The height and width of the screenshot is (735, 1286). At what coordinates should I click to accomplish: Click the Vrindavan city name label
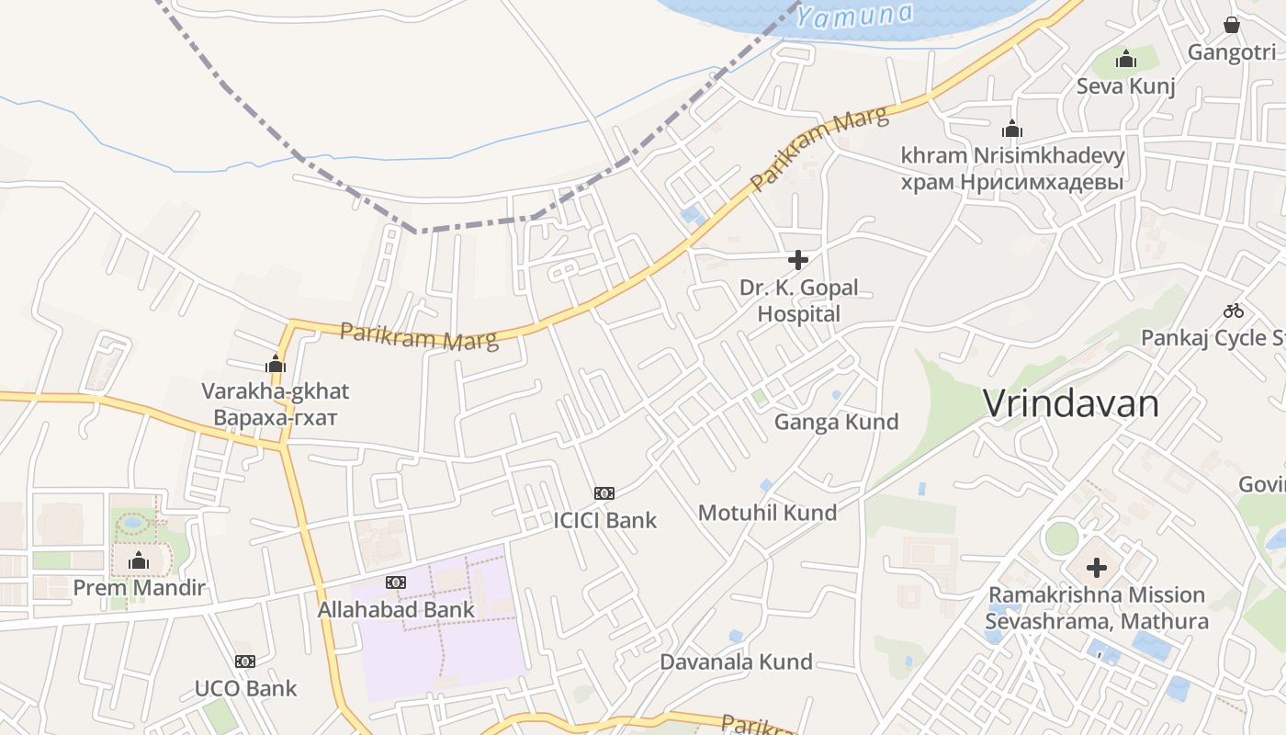[x=1071, y=403]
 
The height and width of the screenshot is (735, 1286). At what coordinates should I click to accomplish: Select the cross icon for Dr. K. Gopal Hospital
[x=798, y=260]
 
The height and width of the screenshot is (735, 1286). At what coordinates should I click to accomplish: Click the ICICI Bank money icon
[x=604, y=493]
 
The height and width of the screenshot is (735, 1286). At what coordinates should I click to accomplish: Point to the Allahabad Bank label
[x=396, y=609]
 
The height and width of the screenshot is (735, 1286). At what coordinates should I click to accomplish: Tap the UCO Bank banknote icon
[x=245, y=661]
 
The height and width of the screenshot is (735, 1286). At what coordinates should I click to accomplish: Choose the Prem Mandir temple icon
[x=139, y=560]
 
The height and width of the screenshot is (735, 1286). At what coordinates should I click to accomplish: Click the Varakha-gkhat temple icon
[x=275, y=364]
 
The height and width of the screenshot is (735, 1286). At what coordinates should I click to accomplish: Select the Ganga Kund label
[x=836, y=422]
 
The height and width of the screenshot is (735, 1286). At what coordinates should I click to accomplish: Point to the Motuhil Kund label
[x=767, y=513]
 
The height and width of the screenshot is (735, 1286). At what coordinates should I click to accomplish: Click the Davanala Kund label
[x=736, y=661]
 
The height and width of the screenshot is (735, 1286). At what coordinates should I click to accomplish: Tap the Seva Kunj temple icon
[x=1126, y=60]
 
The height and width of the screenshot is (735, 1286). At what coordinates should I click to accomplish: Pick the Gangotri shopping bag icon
[x=1232, y=25]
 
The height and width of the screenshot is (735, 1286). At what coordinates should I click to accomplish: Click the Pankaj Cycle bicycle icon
[x=1234, y=311]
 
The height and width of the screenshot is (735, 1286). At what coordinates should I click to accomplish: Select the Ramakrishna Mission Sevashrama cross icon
[x=1096, y=568]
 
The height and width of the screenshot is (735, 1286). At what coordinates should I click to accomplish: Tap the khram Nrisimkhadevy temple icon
[x=1012, y=129]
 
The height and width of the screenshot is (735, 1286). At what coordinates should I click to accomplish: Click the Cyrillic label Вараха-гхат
[x=275, y=418]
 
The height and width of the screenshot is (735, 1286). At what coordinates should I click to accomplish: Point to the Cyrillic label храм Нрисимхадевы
[x=1012, y=183]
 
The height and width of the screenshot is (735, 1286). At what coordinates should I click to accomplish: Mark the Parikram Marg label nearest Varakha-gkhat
[x=419, y=336]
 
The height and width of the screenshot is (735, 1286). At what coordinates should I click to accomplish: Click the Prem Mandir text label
[x=139, y=588]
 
